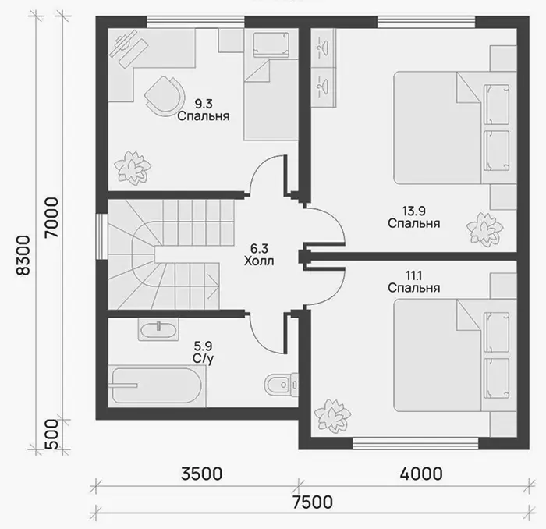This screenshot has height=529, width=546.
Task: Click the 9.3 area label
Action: (x=204, y=104)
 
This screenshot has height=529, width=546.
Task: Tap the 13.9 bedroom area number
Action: (x=413, y=211)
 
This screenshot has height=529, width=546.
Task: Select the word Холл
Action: (x=259, y=261)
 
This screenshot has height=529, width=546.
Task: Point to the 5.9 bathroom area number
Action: (x=203, y=346)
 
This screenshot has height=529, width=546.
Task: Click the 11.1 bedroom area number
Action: (x=413, y=276)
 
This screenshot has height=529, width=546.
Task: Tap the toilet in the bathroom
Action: (x=282, y=385)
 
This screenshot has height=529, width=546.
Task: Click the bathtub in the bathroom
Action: (x=157, y=385)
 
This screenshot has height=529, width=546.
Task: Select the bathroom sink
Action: (x=159, y=329)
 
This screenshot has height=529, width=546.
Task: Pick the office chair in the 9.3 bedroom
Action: (x=165, y=95)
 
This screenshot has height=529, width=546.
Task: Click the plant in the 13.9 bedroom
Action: (x=484, y=229)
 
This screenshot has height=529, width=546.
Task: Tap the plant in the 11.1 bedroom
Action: (x=332, y=415)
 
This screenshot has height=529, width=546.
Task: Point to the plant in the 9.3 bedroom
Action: (x=133, y=168)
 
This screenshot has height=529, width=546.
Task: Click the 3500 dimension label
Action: (x=201, y=474)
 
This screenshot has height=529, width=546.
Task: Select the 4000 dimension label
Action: (x=421, y=474)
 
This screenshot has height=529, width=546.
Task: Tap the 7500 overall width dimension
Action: (x=312, y=502)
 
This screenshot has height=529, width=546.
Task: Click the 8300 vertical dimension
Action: (x=24, y=256)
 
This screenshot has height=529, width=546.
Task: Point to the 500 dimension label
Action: (x=52, y=435)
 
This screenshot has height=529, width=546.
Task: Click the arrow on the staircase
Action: (x=213, y=286)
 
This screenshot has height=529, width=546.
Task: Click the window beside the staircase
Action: (x=101, y=236)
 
